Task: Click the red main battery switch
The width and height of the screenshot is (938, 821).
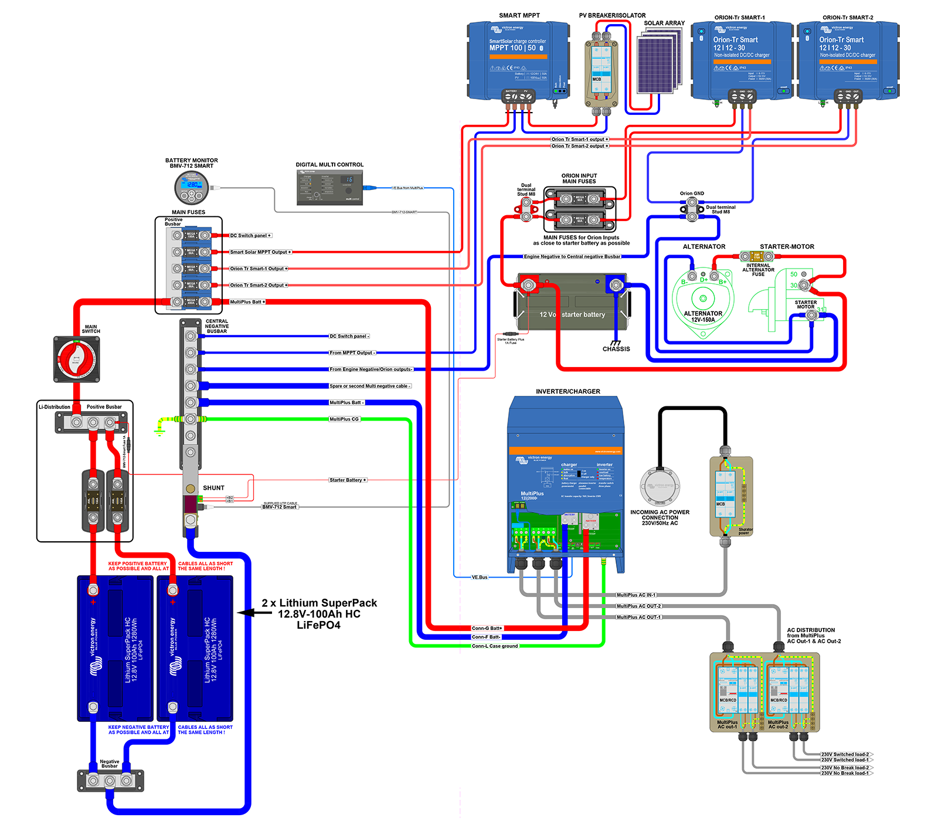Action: click(76, 359)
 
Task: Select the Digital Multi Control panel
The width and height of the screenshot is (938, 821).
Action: click(329, 188)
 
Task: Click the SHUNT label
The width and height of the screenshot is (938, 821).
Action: click(213, 488)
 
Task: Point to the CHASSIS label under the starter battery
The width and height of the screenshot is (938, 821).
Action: click(616, 349)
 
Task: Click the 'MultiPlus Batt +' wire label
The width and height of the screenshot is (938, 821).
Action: click(247, 302)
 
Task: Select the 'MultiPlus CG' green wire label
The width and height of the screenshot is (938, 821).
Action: click(344, 419)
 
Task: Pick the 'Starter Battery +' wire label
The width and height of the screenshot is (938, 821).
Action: click(348, 480)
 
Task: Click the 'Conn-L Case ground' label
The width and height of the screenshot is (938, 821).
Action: click(495, 646)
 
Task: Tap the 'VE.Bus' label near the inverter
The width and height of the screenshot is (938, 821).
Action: click(480, 578)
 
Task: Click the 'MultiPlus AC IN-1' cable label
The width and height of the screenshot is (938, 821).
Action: click(636, 595)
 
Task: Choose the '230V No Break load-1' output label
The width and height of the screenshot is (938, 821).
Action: click(845, 773)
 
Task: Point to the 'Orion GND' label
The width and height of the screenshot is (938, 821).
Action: click(692, 194)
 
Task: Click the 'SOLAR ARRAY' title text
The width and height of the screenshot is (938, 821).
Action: click(664, 23)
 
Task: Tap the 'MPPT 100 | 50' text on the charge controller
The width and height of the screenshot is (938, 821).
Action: click(512, 48)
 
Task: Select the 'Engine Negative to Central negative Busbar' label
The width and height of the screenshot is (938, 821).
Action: click(572, 257)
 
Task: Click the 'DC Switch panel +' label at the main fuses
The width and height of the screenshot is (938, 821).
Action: click(250, 236)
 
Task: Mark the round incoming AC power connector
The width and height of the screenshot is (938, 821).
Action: click(660, 486)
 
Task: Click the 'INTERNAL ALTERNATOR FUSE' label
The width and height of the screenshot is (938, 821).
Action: click(758, 270)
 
